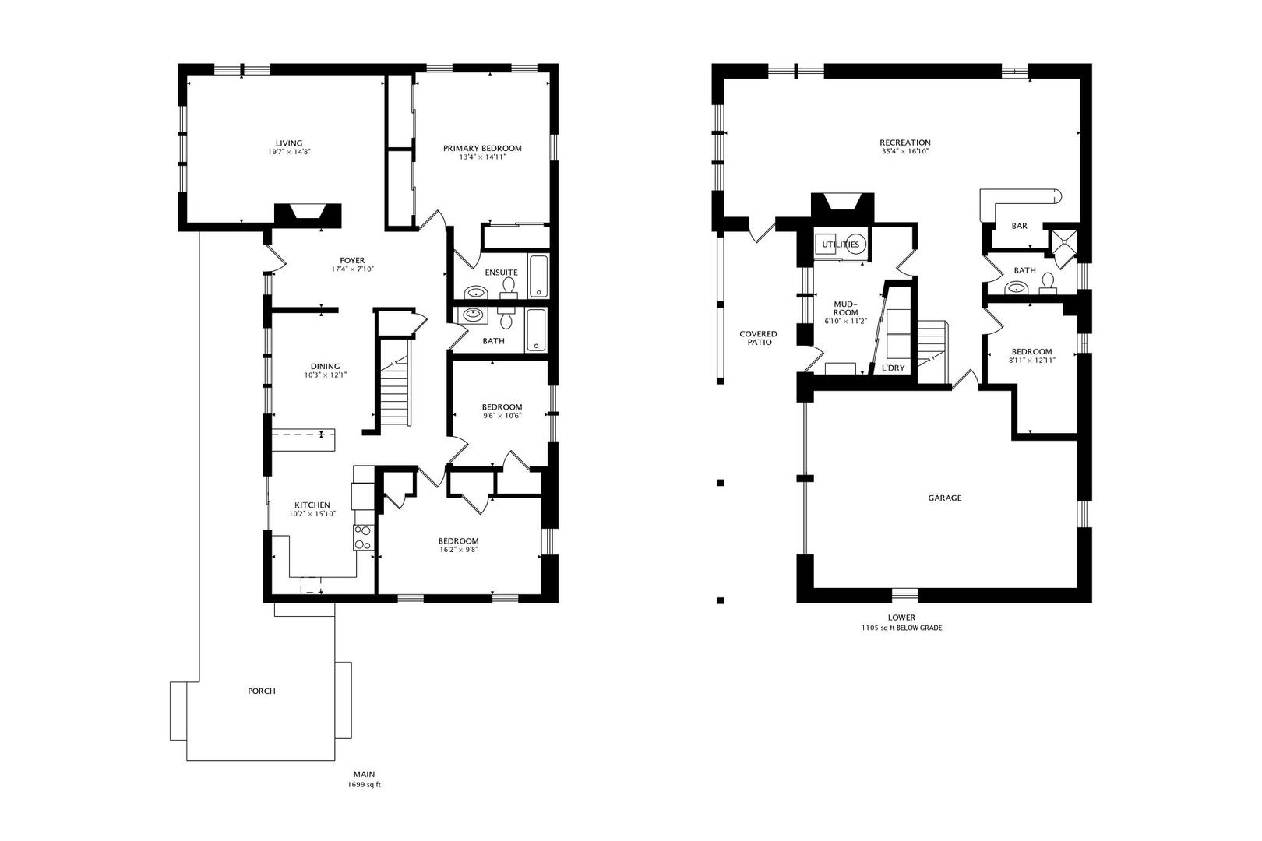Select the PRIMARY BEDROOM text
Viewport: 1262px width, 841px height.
(x=482, y=148)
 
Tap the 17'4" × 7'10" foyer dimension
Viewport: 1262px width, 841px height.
(x=351, y=269)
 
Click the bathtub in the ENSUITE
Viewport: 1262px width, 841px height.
(x=539, y=277)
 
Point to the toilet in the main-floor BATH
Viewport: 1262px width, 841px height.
(x=506, y=319)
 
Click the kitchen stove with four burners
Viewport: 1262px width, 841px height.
(x=363, y=537)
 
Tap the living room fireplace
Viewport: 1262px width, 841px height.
(x=308, y=216)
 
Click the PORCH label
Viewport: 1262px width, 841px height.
(x=262, y=691)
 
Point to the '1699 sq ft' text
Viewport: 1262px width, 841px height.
(x=364, y=785)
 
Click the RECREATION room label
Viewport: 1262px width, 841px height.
(x=905, y=143)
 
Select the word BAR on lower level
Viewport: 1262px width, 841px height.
(x=1019, y=226)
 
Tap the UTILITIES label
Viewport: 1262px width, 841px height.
(x=841, y=245)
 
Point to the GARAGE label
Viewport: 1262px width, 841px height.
(x=944, y=498)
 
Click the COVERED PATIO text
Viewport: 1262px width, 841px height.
(x=758, y=338)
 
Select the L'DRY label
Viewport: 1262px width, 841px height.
(x=893, y=368)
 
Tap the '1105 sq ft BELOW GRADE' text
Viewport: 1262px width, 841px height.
(x=901, y=628)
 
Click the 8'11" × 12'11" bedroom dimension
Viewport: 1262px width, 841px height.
(x=1031, y=361)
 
